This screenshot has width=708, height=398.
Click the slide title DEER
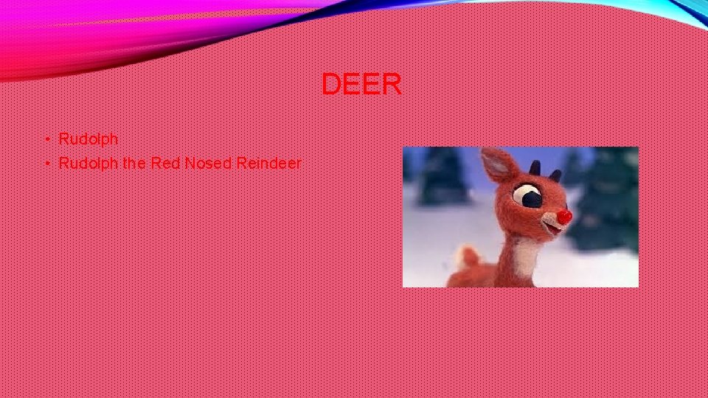click(x=361, y=85)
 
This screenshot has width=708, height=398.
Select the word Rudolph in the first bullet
click(x=88, y=139)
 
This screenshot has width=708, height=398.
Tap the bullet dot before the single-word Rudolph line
click(x=46, y=139)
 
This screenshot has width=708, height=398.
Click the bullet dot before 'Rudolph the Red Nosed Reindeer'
click(x=46, y=164)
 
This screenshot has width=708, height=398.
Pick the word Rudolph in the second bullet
click(x=88, y=163)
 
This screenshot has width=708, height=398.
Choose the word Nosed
click(x=208, y=163)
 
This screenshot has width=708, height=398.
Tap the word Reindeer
click(x=268, y=163)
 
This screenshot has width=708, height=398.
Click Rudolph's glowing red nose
click(x=564, y=217)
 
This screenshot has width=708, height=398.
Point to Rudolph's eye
click(x=529, y=196)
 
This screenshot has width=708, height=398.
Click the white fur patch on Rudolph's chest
click(x=525, y=258)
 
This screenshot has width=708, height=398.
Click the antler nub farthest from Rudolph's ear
click(x=555, y=175)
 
